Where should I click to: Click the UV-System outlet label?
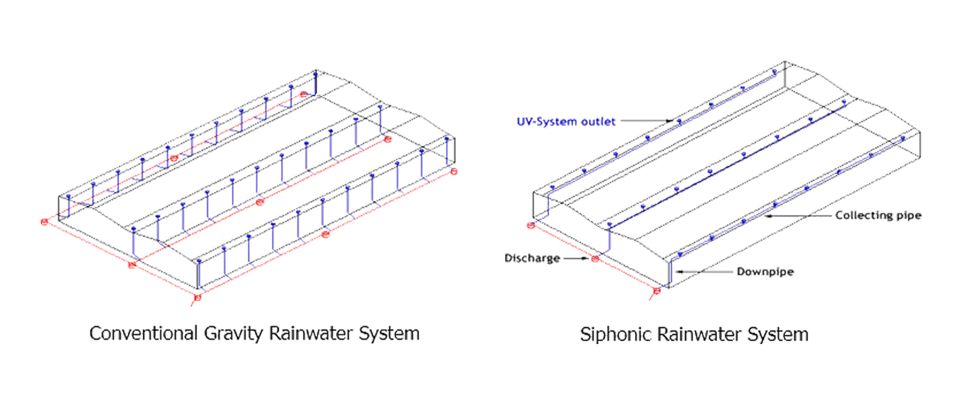tap(566, 122)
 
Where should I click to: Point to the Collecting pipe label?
tap(878, 215)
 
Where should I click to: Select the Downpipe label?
tap(765, 272)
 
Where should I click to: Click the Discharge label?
tap(532, 258)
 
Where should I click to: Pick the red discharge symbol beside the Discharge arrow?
tap(595, 259)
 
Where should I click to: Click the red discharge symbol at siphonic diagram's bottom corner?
tap(657, 291)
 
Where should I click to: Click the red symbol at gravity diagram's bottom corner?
tap(198, 297)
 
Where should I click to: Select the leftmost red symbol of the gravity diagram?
tap(44, 222)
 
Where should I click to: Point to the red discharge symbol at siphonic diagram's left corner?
tap(530, 226)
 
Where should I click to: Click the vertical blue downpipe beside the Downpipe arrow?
tap(670, 273)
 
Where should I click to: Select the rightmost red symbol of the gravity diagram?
tap(454, 171)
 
